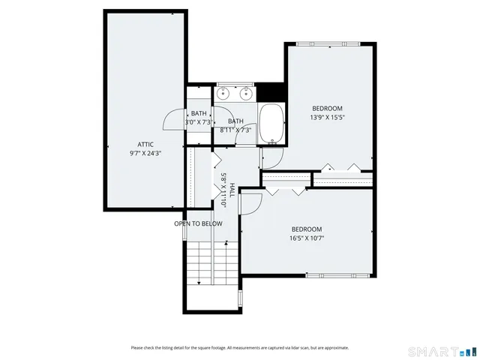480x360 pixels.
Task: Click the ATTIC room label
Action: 145,144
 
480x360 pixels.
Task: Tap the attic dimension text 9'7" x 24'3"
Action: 145,152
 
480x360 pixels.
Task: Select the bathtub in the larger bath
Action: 271,123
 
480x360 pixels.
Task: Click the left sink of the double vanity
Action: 224,94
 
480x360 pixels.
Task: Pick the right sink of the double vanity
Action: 245,94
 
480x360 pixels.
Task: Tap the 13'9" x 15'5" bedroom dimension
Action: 327,117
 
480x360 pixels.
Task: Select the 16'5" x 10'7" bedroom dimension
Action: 306,238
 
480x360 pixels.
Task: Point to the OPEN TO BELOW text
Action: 198,223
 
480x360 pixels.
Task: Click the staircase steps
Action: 199,262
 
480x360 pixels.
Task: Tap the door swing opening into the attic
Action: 174,120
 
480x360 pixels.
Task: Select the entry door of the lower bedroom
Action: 250,203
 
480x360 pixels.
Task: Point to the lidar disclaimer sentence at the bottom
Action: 239,347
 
